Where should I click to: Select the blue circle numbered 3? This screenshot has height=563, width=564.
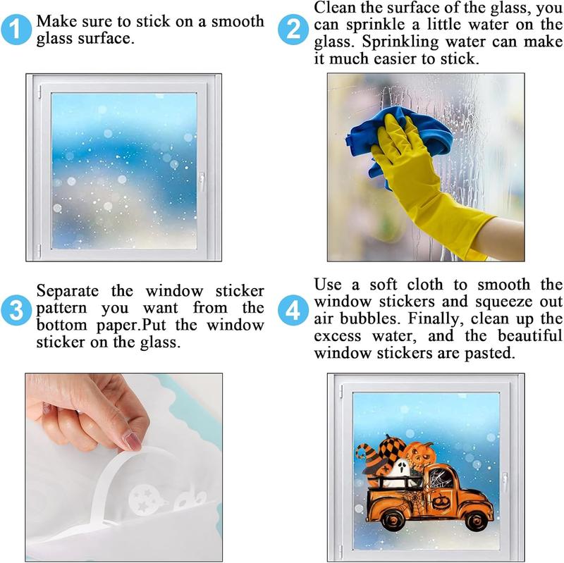pyautogui.click(x=16, y=309)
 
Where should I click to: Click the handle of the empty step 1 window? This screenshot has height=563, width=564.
pyautogui.click(x=201, y=182)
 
